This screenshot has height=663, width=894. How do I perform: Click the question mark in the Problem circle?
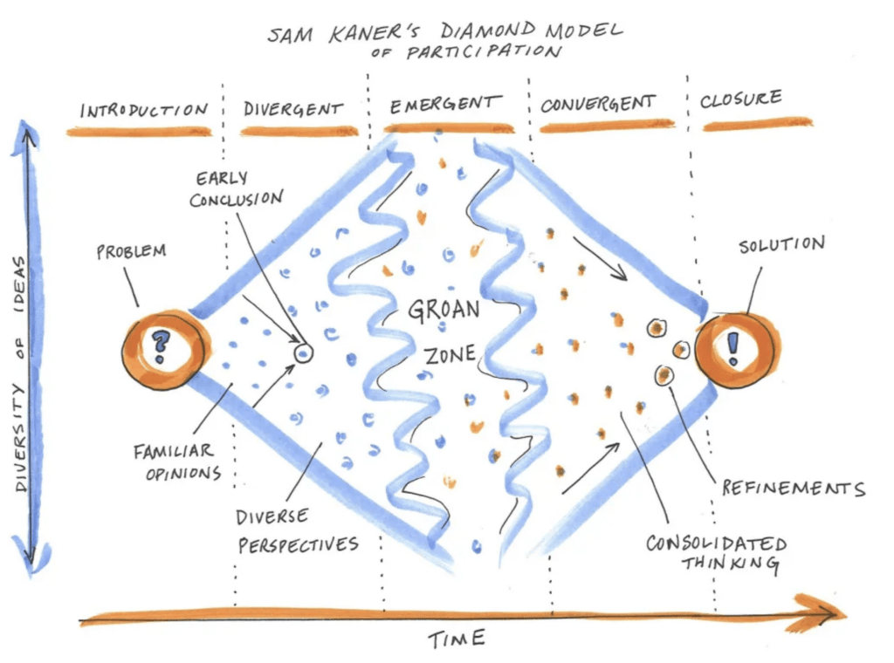161,346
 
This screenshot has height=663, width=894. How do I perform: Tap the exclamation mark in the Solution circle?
733,348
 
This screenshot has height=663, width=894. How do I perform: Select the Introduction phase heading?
144,109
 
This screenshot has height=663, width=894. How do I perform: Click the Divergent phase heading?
293,108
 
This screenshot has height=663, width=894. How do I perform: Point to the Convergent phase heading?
598,104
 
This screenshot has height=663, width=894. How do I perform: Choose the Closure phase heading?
740,99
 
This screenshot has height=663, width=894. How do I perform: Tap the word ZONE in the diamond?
450,355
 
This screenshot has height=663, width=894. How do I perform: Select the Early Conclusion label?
236,189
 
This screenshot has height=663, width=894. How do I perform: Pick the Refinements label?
793,489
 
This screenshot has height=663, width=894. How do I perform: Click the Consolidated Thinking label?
717,552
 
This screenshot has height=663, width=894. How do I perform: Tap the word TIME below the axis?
457,639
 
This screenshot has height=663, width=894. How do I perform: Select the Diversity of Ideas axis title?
20,373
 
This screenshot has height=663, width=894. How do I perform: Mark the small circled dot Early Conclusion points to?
303,353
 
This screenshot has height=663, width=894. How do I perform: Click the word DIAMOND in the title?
488,31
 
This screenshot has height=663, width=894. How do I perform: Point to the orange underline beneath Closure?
757,124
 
